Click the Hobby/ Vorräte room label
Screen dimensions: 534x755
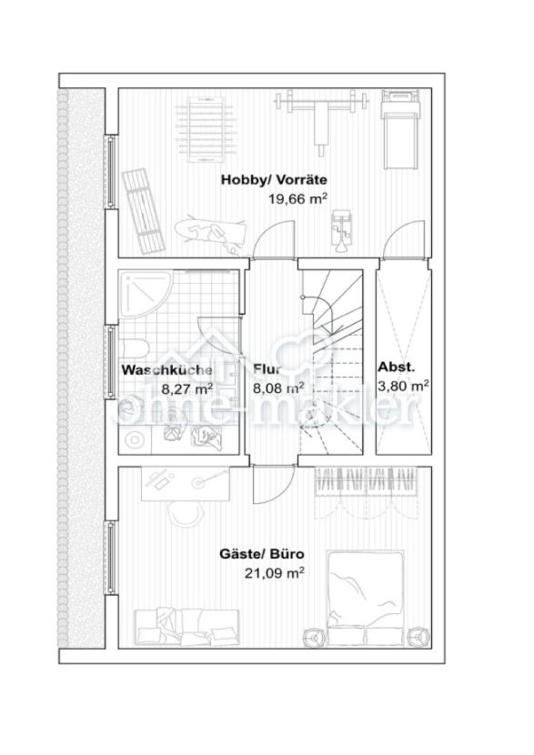click(x=274, y=180)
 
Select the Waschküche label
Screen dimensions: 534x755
click(x=166, y=370)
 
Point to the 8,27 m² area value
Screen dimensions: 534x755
click(x=186, y=388)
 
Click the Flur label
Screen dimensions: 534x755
click(x=267, y=369)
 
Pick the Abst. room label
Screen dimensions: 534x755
click(x=396, y=367)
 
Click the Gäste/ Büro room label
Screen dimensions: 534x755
click(x=262, y=554)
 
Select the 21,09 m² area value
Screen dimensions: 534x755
click(x=275, y=573)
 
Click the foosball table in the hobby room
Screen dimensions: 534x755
click(x=207, y=129)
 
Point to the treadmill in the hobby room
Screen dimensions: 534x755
click(x=398, y=129)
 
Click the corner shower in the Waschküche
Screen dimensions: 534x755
click(x=146, y=294)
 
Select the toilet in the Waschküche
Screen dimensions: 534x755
click(x=134, y=349)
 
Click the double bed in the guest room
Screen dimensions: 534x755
click(x=365, y=598)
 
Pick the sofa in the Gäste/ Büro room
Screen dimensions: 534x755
click(x=186, y=628)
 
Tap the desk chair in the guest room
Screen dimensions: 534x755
click(x=184, y=514)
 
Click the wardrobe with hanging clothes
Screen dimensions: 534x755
click(x=365, y=491)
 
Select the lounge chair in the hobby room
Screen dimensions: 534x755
click(x=143, y=210)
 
